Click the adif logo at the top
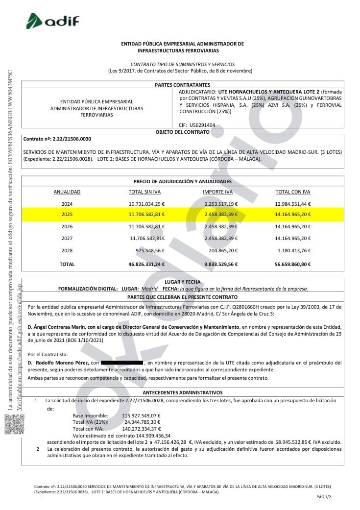tap(52, 21)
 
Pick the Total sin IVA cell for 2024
tap(146, 204)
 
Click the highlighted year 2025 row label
tap(67, 215)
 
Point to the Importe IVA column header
tap(217, 192)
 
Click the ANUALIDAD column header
tap(67, 192)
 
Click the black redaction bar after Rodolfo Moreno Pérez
tap(122, 363)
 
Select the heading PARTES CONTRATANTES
tap(182, 85)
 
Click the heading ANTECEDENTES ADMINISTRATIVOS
tap(182, 393)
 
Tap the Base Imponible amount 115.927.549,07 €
tap(141, 415)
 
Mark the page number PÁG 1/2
tap(324, 497)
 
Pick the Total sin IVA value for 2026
tap(146, 227)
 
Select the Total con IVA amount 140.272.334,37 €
tap(141, 428)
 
